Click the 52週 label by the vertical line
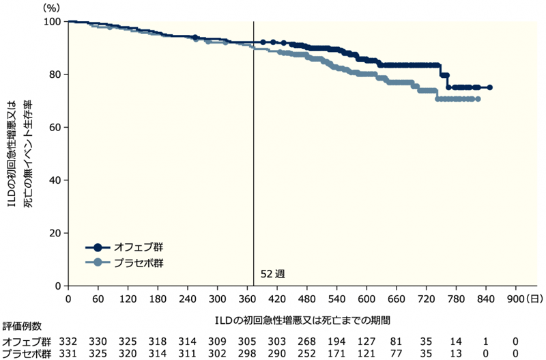[272, 273]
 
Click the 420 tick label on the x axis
[276, 299]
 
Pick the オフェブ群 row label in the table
[25, 340]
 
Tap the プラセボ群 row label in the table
[25, 354]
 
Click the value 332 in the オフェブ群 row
[68, 340]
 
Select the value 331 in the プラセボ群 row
[68, 354]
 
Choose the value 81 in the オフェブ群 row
[397, 340]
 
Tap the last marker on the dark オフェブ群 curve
[490, 87]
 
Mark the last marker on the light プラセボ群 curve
[478, 99]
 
